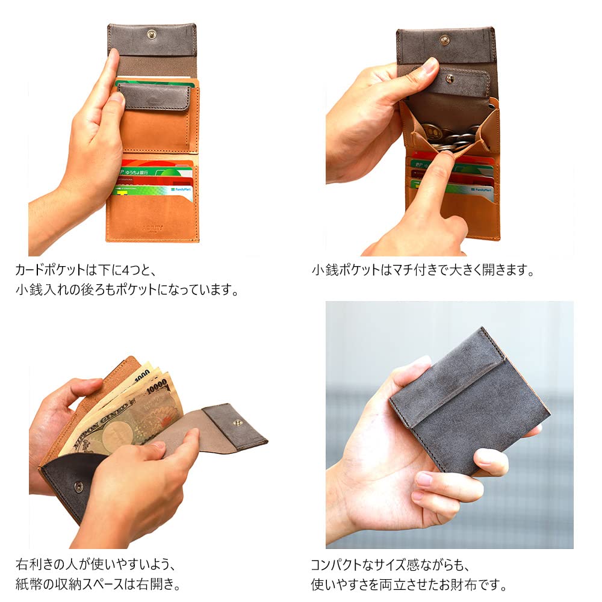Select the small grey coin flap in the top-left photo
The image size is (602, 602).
[x=154, y=96]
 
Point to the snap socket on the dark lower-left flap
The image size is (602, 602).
[x=78, y=486]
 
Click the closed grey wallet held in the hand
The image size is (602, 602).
[x=470, y=397]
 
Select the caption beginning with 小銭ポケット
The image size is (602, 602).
[x=423, y=270]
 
